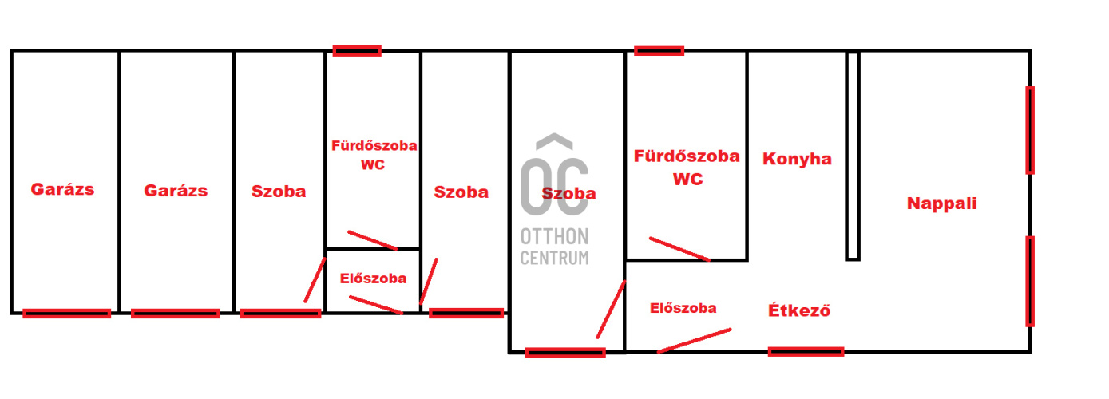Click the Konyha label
pos(797,159)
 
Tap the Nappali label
pos(941,203)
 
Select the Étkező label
pos(799,310)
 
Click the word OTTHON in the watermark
pos(554,236)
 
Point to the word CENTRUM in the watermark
pos(554,258)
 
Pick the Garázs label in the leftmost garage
pos(62,190)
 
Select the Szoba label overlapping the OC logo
pos(568,193)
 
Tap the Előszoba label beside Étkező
pos(683,308)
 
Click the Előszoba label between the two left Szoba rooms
pos(373,279)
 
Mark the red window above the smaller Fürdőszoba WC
pos(357,51)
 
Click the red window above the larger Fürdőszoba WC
pos(659,51)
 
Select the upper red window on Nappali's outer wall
pos(1029,130)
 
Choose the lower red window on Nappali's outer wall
pos(1029,280)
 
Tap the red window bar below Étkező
pos(806,351)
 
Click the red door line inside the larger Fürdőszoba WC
pos(679,249)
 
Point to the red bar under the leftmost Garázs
pos(66,314)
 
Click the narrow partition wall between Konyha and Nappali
pos(852,156)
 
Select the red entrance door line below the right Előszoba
pos(693,340)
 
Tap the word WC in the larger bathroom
pos(687,180)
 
